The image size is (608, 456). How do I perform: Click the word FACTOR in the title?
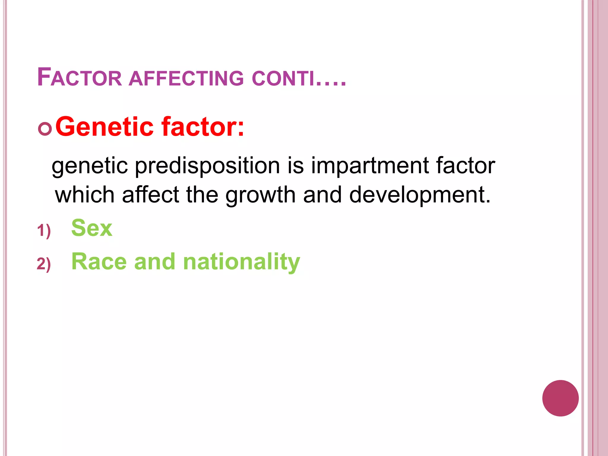tap(80, 78)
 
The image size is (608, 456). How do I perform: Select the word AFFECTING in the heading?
tap(186, 78)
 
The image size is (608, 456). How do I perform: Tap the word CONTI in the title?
tap(283, 78)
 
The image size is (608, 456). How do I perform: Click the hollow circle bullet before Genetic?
tap(45, 129)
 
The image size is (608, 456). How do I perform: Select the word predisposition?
tap(207, 166)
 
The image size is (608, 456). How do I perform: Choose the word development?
tap(419, 195)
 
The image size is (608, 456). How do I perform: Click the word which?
tap(85, 195)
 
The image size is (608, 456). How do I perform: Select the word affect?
tap(151, 195)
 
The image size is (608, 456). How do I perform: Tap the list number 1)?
tap(44, 231)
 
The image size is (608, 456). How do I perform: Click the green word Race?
tap(99, 262)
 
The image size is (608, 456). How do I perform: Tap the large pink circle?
tap(560, 398)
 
